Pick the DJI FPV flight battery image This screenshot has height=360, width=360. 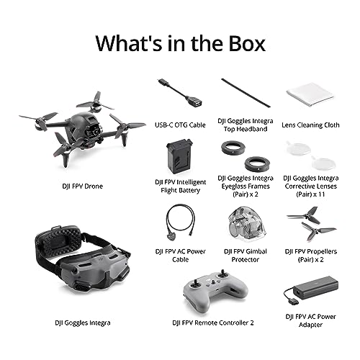(180, 156)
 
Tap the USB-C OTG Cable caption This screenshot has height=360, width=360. (180, 125)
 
